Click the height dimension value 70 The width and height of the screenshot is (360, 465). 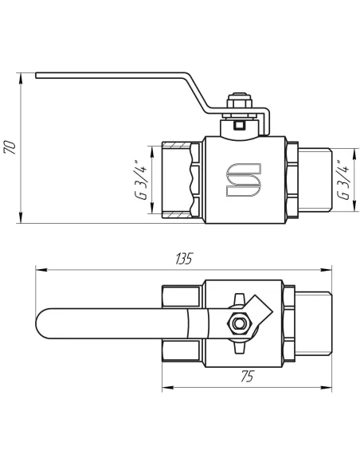pos(10,149)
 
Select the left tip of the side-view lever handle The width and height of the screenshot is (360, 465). pos(37,76)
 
